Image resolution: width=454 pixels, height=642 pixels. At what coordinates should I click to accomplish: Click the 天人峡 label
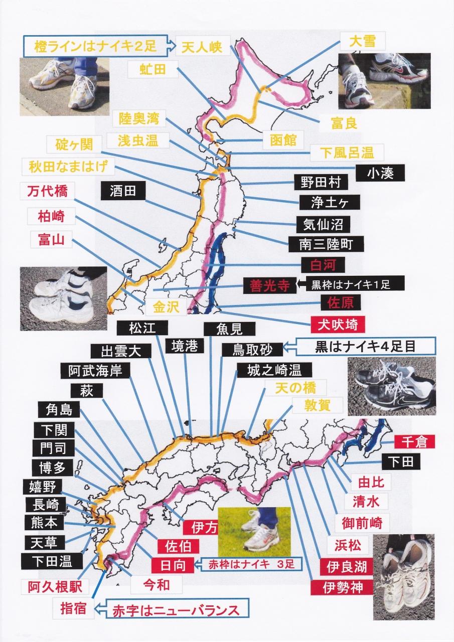[203, 46]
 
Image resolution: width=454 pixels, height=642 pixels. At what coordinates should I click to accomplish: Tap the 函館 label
[283, 140]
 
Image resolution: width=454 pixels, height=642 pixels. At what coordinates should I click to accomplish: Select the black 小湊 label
[380, 173]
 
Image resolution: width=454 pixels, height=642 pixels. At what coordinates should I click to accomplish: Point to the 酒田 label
[123, 191]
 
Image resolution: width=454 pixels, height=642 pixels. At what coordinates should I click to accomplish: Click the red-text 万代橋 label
[48, 191]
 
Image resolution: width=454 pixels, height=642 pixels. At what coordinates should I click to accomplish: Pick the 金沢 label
[166, 307]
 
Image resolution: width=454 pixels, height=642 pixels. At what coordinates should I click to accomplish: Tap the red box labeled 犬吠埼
[338, 325]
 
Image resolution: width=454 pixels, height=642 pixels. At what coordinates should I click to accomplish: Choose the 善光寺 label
[270, 285]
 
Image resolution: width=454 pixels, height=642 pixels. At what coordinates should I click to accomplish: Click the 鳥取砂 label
[252, 350]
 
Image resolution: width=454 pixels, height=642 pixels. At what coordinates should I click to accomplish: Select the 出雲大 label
[121, 351]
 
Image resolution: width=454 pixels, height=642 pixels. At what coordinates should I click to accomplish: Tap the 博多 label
[53, 468]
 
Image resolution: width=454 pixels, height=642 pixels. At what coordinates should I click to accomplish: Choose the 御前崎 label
[362, 523]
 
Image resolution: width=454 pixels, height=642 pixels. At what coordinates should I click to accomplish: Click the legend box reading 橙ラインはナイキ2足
[95, 46]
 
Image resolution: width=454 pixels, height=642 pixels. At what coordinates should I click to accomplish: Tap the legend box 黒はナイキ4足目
[365, 346]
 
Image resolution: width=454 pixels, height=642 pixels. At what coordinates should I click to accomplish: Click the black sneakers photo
[391, 387]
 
